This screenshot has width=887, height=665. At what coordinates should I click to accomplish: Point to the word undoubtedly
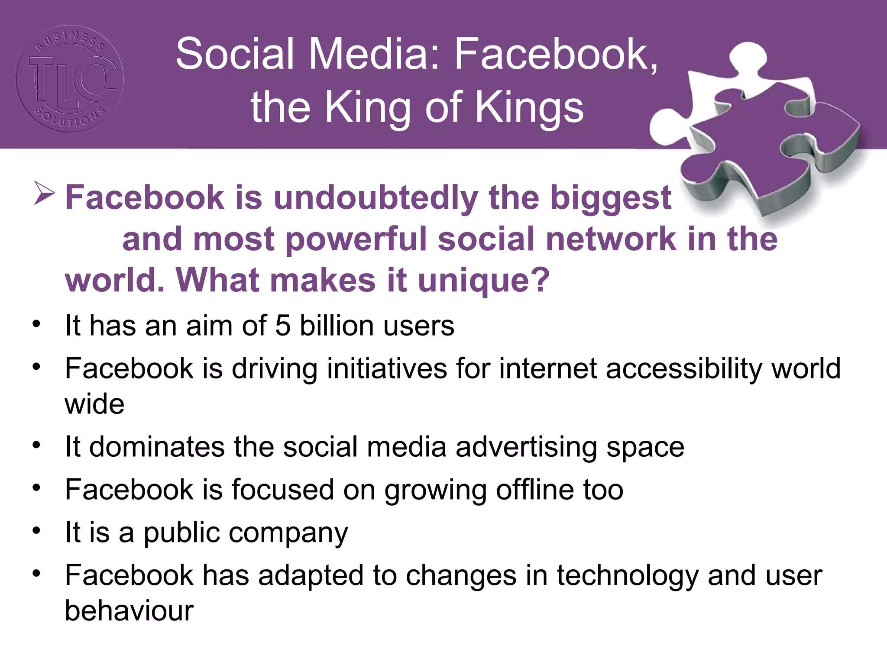point(376,198)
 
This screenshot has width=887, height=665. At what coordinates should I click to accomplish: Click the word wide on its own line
point(94,404)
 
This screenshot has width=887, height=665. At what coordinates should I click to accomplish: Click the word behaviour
point(129,611)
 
